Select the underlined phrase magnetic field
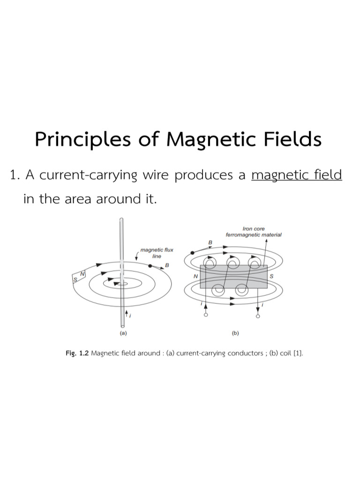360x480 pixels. [297, 175]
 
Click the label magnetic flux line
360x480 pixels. [157, 253]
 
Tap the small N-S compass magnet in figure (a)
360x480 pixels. [78, 277]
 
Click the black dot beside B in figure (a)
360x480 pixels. [150, 266]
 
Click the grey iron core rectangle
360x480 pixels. [233, 277]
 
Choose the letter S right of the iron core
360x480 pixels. [271, 277]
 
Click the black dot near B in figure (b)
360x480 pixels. [193, 252]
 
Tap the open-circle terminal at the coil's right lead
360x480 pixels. [258, 316]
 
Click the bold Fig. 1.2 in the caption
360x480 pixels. [77, 353]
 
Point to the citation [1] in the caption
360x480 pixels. [298, 353]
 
